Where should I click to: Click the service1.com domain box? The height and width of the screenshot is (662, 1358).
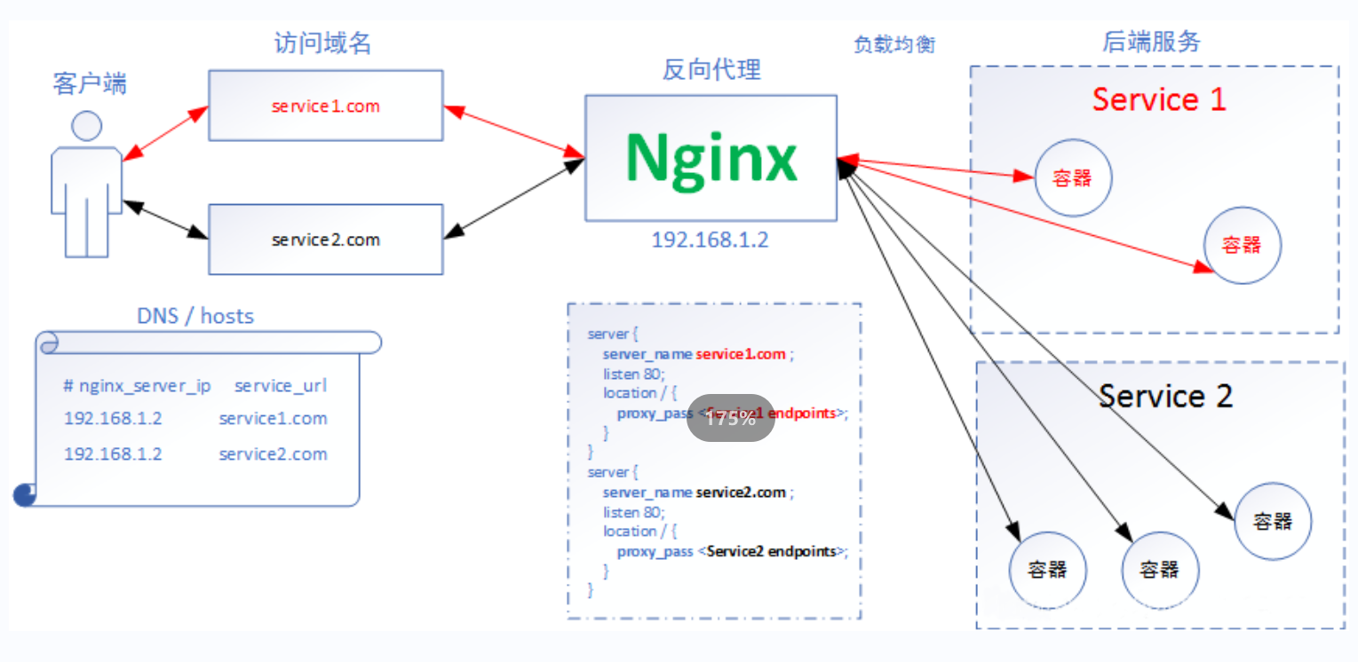tap(325, 106)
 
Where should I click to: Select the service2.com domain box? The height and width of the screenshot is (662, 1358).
tap(325, 240)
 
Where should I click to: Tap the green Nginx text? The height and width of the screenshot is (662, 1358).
tap(711, 158)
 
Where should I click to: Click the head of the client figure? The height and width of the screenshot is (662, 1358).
tap(86, 126)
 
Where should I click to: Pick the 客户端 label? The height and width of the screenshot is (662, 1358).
tap(90, 84)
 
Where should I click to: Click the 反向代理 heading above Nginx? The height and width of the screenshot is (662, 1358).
tap(711, 70)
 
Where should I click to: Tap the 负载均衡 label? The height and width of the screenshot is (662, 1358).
tap(894, 44)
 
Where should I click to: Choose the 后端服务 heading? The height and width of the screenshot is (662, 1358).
tap(1151, 42)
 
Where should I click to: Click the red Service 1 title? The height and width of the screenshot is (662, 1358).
tap(1158, 99)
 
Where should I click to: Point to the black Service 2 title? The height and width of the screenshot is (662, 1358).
tap(1165, 396)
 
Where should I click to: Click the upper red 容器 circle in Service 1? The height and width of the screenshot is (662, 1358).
tap(1072, 178)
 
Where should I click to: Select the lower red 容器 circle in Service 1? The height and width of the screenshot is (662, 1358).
tap(1242, 246)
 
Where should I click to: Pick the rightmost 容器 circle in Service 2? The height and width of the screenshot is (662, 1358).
tap(1272, 522)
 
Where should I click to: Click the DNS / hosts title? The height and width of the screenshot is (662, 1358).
tap(195, 316)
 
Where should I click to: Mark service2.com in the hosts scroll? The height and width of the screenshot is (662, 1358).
tap(273, 454)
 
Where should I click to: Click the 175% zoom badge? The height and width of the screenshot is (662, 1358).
tap(730, 419)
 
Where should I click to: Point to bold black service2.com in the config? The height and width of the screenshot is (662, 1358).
tap(741, 493)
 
